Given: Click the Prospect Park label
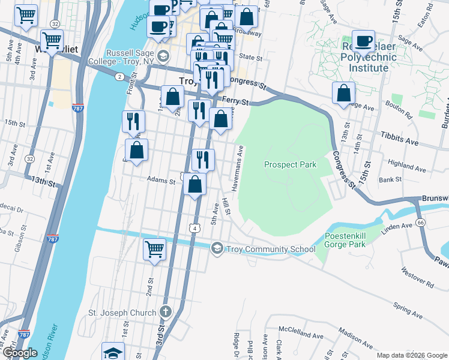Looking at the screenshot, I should (x=290, y=164).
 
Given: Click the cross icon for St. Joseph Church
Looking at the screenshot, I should (x=166, y=312).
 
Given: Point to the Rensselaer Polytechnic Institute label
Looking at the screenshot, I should (x=369, y=57).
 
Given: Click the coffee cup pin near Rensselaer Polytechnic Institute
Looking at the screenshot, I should (x=363, y=41).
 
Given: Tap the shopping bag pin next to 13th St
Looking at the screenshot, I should (x=343, y=94).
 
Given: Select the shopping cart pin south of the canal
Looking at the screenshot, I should (x=154, y=249).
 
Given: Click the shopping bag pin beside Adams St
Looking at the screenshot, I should (x=194, y=185).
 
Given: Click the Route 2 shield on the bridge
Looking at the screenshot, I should (x=119, y=76).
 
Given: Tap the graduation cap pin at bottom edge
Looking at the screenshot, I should (x=112, y=352).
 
